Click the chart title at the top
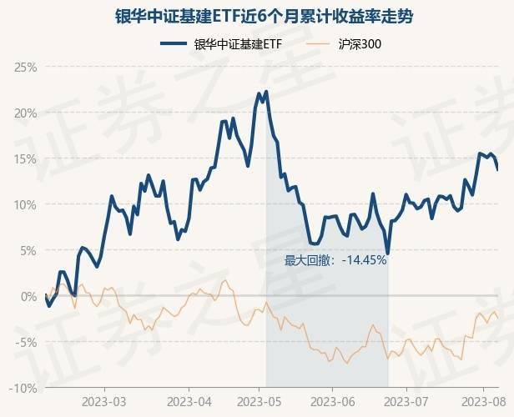[x=256, y=16]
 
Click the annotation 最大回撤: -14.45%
[x=335, y=260]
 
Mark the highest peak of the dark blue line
[x=266, y=92]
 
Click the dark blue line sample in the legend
[x=174, y=44]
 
